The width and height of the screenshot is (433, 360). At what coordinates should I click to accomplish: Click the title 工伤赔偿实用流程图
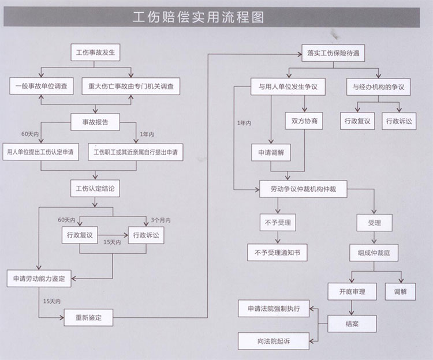click(x=198, y=17)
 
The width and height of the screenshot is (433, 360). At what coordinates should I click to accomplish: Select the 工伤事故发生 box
click(x=95, y=52)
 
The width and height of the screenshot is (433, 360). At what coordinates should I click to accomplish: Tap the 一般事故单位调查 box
click(x=42, y=86)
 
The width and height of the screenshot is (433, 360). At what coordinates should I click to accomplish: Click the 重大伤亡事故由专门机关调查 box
click(x=131, y=87)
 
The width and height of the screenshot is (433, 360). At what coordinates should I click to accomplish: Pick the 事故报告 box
click(x=95, y=122)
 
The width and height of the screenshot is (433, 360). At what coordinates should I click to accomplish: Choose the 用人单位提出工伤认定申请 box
click(x=40, y=152)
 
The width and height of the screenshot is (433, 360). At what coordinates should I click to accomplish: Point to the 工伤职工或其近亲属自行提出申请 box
click(x=136, y=152)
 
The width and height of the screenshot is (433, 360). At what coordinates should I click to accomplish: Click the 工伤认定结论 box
click(x=95, y=189)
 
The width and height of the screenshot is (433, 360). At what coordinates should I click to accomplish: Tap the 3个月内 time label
click(x=160, y=220)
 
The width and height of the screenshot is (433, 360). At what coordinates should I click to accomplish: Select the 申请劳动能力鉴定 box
click(x=39, y=279)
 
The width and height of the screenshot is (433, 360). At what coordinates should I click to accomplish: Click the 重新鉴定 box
click(x=88, y=317)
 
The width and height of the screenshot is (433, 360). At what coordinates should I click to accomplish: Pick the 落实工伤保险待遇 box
click(x=333, y=53)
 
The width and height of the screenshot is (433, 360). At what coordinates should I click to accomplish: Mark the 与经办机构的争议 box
click(x=378, y=87)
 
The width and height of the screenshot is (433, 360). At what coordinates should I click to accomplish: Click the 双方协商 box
click(x=304, y=121)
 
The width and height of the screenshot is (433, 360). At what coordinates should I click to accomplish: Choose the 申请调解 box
click(x=271, y=152)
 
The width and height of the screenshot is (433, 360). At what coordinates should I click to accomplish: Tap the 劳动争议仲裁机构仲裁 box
click(x=303, y=189)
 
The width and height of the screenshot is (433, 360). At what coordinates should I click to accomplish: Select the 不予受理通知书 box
click(x=277, y=253)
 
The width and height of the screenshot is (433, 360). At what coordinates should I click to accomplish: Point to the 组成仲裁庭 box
click(x=374, y=253)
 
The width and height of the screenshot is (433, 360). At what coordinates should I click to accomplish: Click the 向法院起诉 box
click(x=274, y=341)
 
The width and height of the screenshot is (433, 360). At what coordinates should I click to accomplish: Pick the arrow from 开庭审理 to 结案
click(x=352, y=307)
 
